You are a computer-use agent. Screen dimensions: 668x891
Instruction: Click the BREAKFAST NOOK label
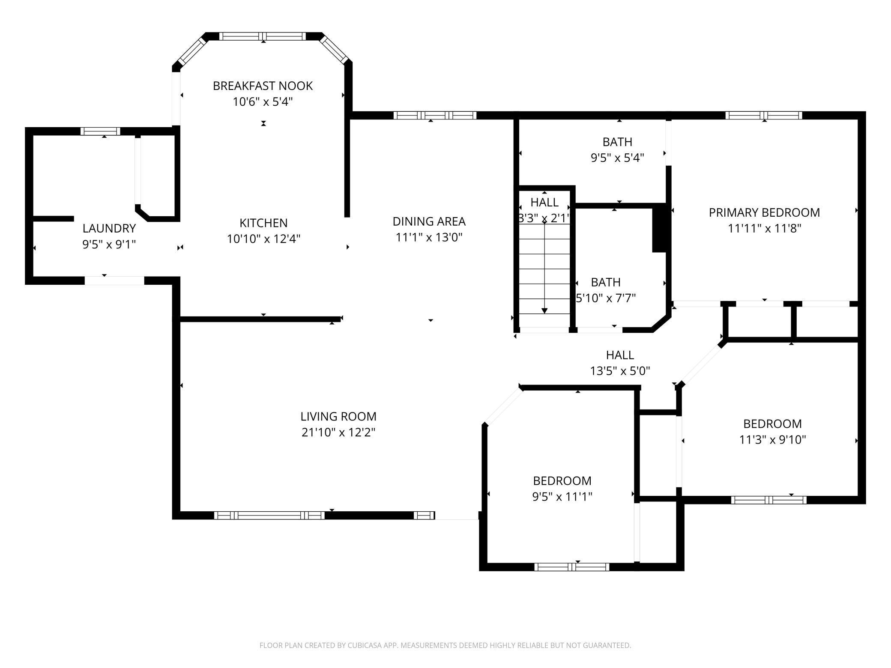coord(263,86)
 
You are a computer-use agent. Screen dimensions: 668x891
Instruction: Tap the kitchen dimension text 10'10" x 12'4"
coord(263,239)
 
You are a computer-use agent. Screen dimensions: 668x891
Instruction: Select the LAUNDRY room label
coord(109,228)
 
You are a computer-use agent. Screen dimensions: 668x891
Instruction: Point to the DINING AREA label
coord(429,221)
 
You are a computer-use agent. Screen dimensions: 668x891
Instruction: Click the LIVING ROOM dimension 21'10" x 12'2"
coord(338,432)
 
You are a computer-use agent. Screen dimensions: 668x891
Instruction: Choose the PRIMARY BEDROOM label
coord(764,212)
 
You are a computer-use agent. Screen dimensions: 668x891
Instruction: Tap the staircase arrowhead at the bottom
coord(544,310)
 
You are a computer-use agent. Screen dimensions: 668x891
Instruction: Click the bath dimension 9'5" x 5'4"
coord(617,158)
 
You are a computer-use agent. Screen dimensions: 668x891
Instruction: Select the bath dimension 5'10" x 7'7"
coord(606,298)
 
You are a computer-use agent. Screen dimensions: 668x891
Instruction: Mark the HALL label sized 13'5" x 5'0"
coord(620,355)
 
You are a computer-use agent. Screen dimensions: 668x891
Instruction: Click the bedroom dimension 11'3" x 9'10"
coord(772,440)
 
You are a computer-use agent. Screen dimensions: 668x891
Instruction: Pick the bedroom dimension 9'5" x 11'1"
coord(562,497)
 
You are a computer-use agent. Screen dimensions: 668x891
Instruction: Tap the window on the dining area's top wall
coord(434,115)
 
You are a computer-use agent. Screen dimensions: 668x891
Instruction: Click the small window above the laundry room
coord(100,131)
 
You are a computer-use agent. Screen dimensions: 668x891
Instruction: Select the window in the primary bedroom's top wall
coord(763,115)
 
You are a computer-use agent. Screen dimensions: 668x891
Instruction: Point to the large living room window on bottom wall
coord(269,515)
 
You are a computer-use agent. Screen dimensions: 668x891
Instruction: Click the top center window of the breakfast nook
coord(263,36)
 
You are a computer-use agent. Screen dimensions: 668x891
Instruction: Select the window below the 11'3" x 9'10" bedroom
coord(768,500)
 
